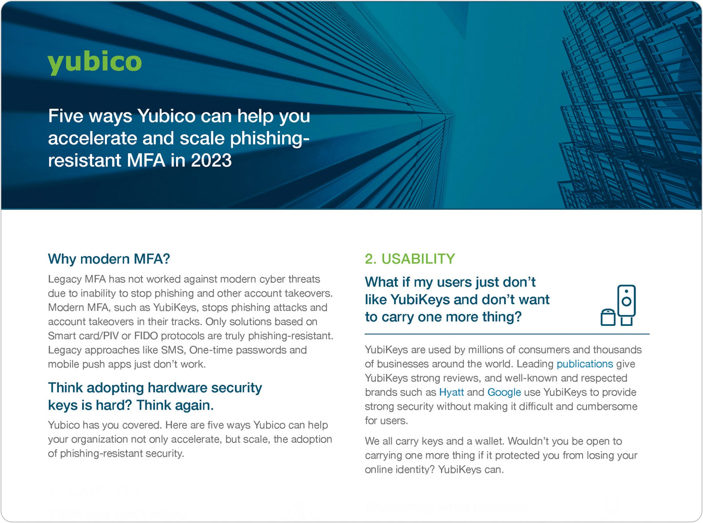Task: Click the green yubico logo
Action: pos(94,62)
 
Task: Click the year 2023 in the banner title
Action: pos(211,160)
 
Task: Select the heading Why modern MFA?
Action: pos(109,259)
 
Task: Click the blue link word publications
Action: pos(585,364)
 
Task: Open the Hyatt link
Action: pos(451,392)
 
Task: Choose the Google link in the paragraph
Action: pos(504,392)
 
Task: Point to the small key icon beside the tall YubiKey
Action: pos(608,317)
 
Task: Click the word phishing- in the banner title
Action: pos(269,138)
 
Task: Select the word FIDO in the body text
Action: pos(146,336)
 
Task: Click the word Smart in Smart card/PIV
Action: pos(61,336)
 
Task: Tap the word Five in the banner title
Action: pos(66,116)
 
